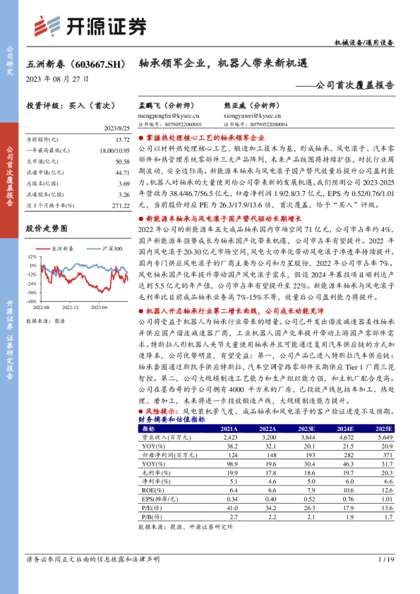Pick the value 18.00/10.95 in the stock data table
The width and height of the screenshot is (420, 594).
click(x=114, y=150)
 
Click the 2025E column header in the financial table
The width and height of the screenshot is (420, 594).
click(x=384, y=428)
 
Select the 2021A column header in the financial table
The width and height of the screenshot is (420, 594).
click(x=229, y=428)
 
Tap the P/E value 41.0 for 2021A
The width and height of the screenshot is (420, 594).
click(x=233, y=507)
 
